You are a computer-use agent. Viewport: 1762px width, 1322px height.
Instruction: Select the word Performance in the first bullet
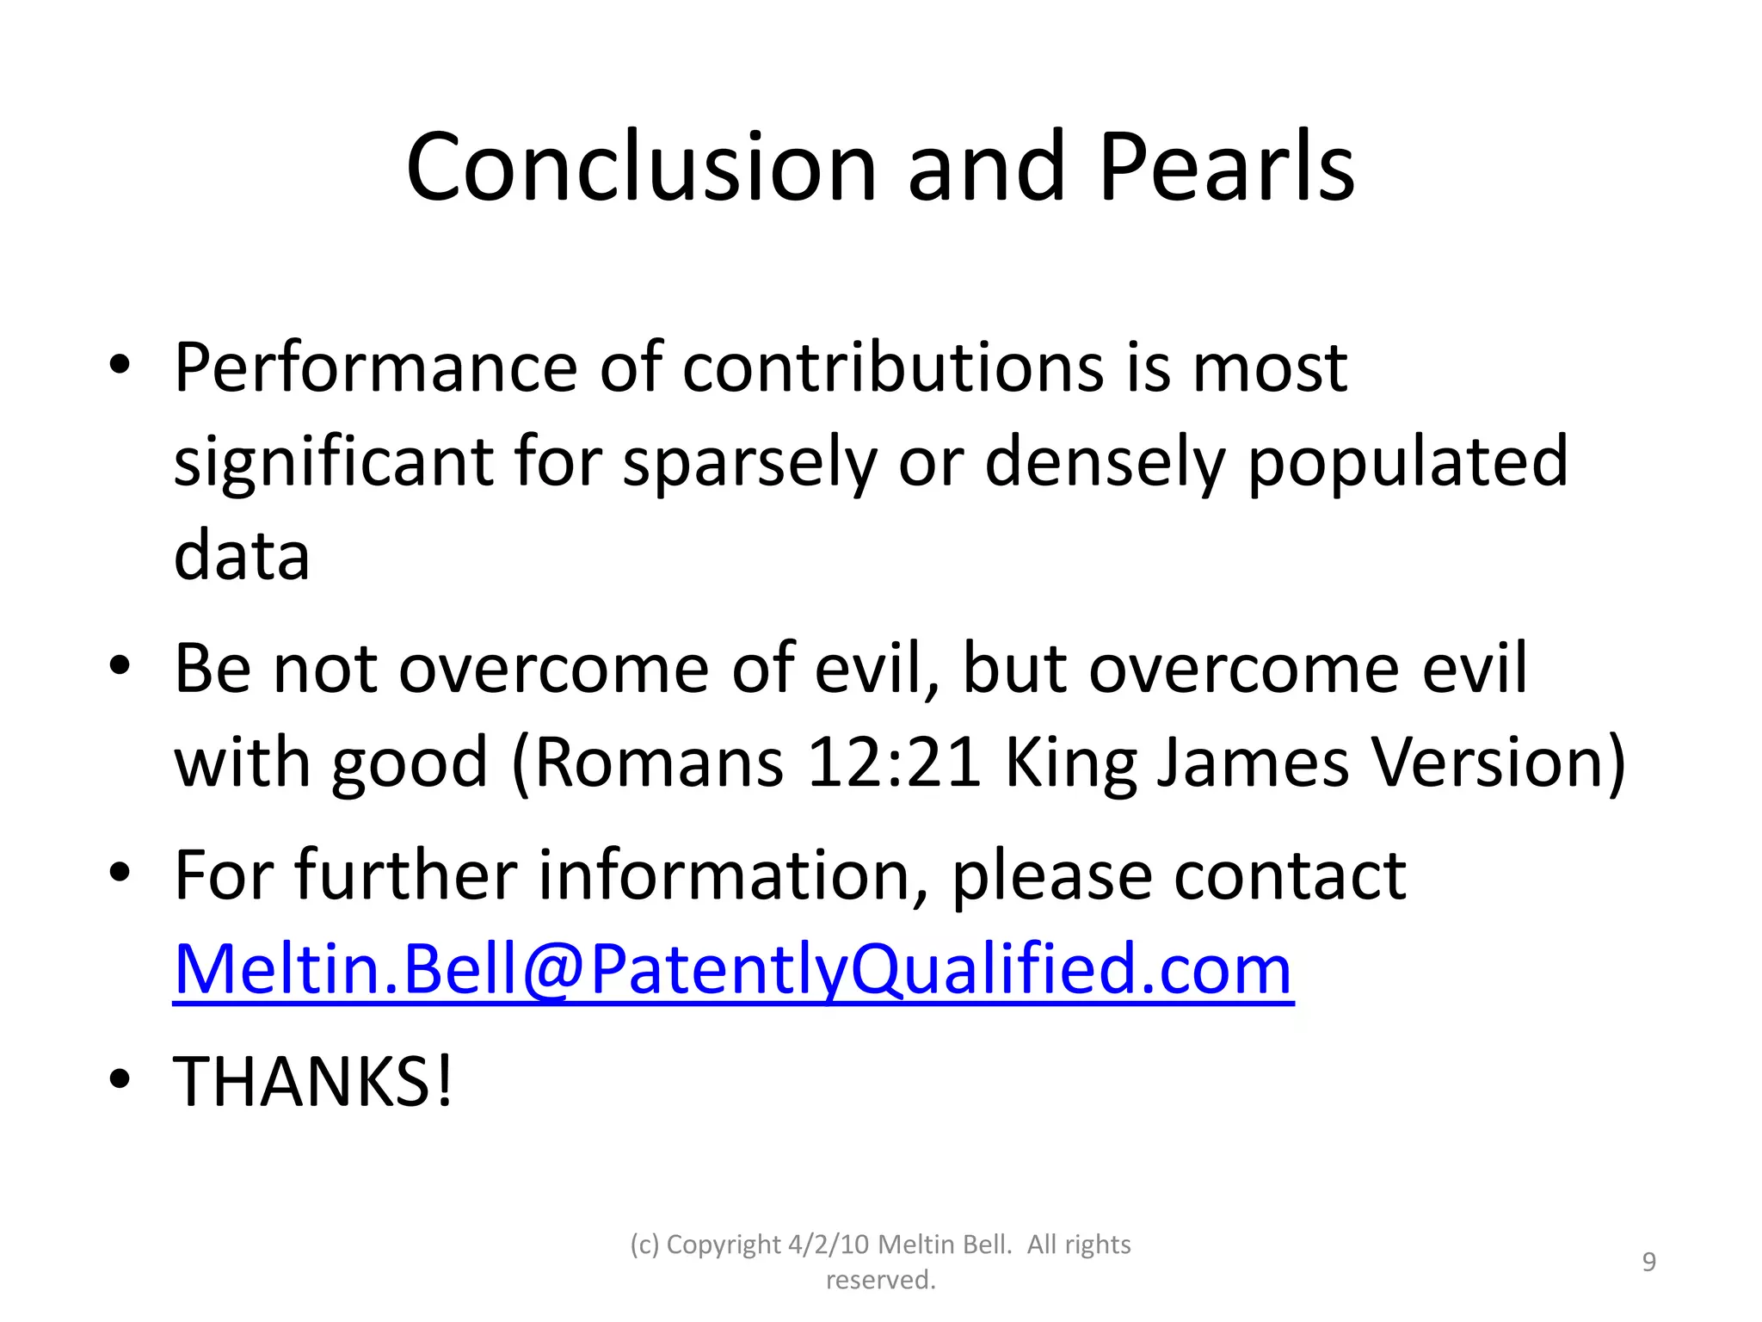coord(374,368)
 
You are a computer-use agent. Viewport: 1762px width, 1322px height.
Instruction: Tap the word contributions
coord(893,368)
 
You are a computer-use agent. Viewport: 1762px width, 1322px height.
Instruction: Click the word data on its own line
coord(242,556)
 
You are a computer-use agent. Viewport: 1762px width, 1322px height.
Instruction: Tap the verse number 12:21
coord(894,763)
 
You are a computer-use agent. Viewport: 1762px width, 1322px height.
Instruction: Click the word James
coord(1252,763)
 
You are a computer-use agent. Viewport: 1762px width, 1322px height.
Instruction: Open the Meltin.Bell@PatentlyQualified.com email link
coord(733,970)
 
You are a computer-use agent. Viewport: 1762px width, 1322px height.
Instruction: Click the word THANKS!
coord(312,1082)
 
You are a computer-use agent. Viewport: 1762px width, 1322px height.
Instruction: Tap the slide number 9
coord(1648,1262)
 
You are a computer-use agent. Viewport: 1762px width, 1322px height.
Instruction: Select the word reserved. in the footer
coord(880,1280)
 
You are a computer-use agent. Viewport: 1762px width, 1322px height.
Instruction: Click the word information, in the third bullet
coord(733,876)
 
